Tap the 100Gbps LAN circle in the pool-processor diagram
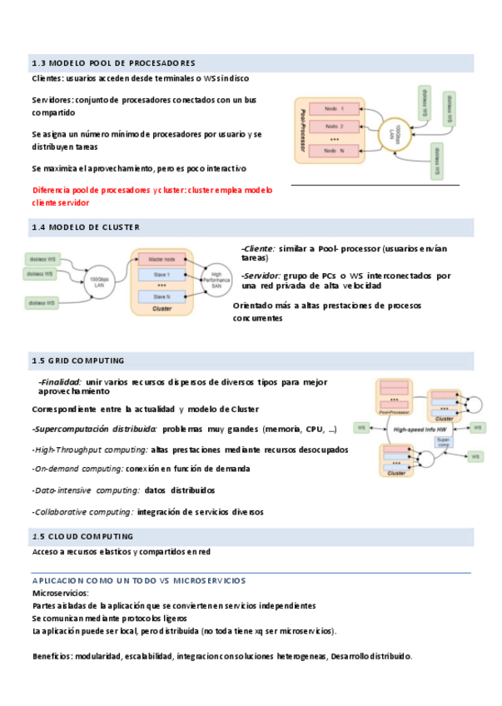point(395,132)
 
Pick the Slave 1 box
point(162,274)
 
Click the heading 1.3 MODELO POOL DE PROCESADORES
point(113,63)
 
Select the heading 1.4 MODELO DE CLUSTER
point(86,227)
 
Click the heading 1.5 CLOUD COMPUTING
point(82,536)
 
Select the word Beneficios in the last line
point(52,656)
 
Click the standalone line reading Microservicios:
point(60,593)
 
